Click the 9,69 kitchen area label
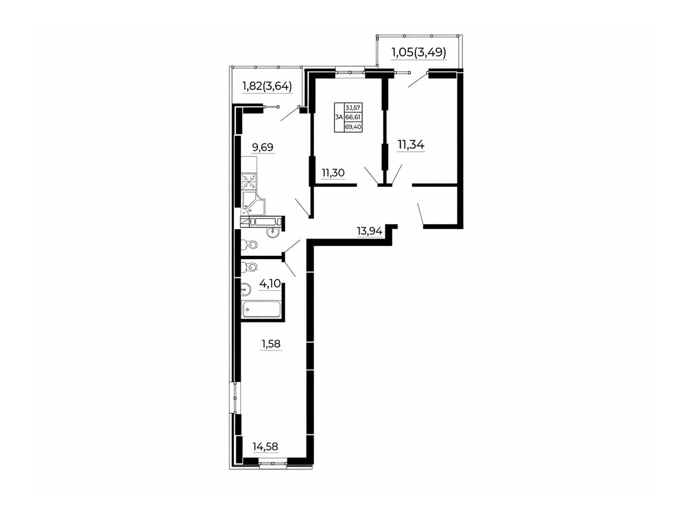click(x=263, y=146)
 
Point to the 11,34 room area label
click(x=411, y=144)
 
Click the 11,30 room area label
click(x=333, y=173)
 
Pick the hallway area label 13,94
click(x=369, y=231)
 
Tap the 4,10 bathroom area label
click(x=270, y=284)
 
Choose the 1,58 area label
click(x=271, y=344)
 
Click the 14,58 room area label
click(x=265, y=446)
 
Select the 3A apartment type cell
click(x=339, y=117)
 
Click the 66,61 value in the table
click(x=353, y=117)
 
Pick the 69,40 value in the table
click(x=353, y=127)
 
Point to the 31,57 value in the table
click(x=353, y=108)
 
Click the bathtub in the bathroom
click(x=262, y=310)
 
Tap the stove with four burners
click(x=249, y=181)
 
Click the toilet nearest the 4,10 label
click(x=249, y=267)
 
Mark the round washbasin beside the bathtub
click(x=246, y=289)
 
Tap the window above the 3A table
click(x=350, y=72)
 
